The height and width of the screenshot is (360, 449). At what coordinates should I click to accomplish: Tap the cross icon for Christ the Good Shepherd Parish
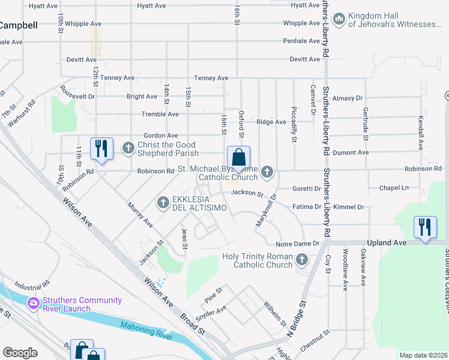click(128, 148)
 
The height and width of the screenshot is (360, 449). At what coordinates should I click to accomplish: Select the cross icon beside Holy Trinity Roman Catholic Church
click(301, 260)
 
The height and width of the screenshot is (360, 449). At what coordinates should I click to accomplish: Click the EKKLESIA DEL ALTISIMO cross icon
click(163, 203)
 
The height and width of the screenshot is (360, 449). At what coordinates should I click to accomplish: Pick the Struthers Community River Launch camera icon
click(34, 305)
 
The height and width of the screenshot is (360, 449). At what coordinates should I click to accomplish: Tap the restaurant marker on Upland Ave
click(425, 228)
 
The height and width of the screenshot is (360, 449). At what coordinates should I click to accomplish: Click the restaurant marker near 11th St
click(101, 148)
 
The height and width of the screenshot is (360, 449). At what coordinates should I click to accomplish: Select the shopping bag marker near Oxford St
click(238, 158)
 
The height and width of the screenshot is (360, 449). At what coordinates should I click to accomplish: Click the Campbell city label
click(18, 26)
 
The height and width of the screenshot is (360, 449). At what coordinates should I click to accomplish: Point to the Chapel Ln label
click(393, 188)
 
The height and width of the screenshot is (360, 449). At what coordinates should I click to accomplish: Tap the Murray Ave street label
click(140, 215)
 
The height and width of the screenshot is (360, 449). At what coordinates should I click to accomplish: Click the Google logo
click(20, 353)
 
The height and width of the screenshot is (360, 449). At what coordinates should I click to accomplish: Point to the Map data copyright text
click(423, 355)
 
